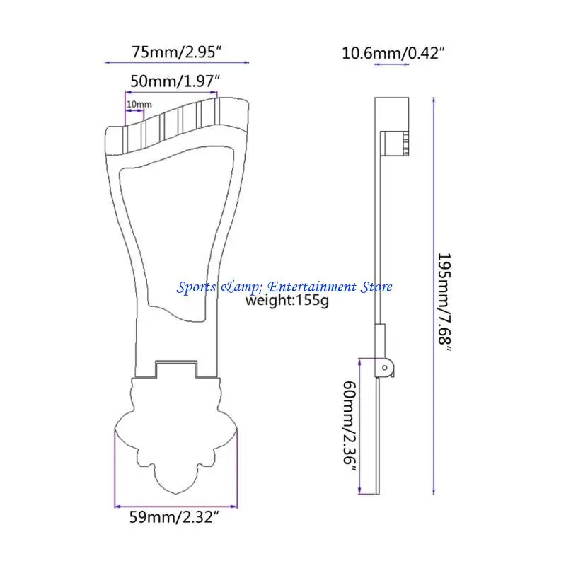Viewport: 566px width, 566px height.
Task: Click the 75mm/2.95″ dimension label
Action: (x=176, y=52)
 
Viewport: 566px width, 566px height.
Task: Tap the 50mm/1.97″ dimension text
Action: (x=175, y=81)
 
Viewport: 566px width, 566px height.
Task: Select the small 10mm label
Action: (x=139, y=104)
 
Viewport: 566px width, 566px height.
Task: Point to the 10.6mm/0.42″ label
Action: (x=393, y=54)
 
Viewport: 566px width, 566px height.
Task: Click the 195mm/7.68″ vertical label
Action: (x=445, y=303)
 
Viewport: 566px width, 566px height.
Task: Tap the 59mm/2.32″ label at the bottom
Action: (x=174, y=517)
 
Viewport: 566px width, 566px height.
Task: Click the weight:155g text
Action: (x=287, y=300)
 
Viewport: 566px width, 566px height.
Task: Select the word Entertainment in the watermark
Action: (x=312, y=287)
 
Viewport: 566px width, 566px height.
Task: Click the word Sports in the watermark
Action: (x=197, y=288)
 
